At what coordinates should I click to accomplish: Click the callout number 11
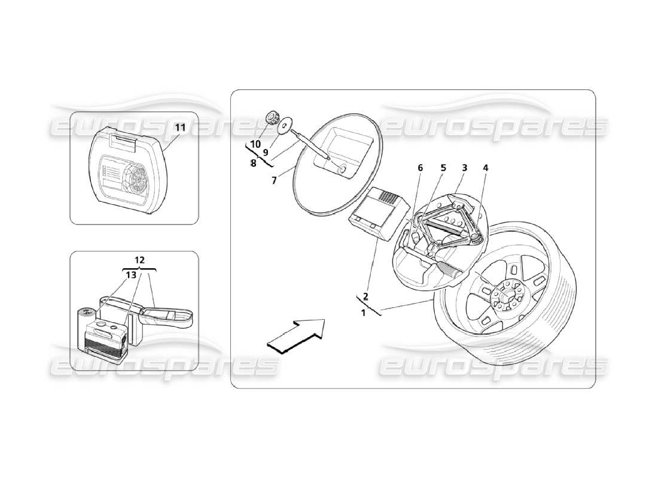click(180, 127)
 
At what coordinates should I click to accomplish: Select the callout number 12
click(139, 260)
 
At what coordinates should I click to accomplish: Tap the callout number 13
click(130, 274)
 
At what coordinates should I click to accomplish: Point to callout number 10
click(255, 144)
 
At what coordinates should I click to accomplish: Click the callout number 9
click(265, 152)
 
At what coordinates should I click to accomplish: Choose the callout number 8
click(253, 163)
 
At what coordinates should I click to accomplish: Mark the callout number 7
click(274, 180)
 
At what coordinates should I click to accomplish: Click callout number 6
click(420, 168)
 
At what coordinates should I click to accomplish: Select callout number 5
click(443, 168)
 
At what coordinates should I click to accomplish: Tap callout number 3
click(464, 168)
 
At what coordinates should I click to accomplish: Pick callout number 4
click(486, 168)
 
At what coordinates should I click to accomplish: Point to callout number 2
click(365, 296)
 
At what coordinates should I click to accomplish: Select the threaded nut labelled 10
click(273, 117)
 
